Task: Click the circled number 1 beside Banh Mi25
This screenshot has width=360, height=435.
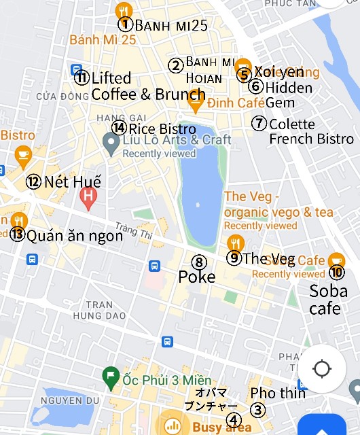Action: coord(125,24)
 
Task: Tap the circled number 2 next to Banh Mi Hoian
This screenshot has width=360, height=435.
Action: coord(176,65)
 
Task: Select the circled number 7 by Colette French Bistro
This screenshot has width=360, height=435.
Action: coord(259,124)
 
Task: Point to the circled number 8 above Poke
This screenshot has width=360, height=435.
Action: coord(198,262)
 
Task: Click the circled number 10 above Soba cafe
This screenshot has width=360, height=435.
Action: coord(337,272)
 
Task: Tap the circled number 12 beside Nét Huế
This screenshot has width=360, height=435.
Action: coord(34,181)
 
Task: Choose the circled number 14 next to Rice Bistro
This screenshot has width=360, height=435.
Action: coord(120,128)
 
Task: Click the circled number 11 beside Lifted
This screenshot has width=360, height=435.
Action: coord(82,77)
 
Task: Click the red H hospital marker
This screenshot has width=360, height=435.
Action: coord(88,198)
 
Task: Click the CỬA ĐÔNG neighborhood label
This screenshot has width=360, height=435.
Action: coord(54,97)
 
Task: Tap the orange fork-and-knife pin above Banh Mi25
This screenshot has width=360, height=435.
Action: coord(123,10)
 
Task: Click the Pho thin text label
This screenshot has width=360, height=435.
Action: coord(278,393)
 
